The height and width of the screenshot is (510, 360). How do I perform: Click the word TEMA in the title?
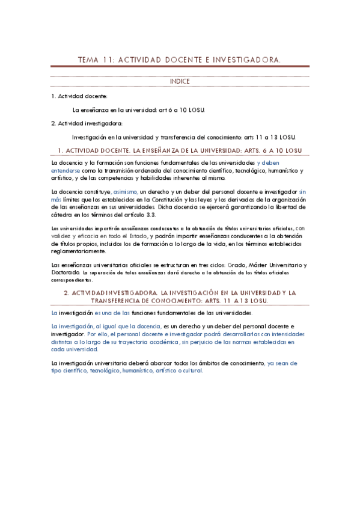pyautogui.click(x=90, y=60)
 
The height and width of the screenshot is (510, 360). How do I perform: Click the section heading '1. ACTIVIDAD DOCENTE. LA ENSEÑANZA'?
pyautogui.click(x=180, y=150)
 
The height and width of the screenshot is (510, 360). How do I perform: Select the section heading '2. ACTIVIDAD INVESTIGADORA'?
pyautogui.click(x=180, y=293)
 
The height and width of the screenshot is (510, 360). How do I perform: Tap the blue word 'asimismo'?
pyautogui.click(x=124, y=192)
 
